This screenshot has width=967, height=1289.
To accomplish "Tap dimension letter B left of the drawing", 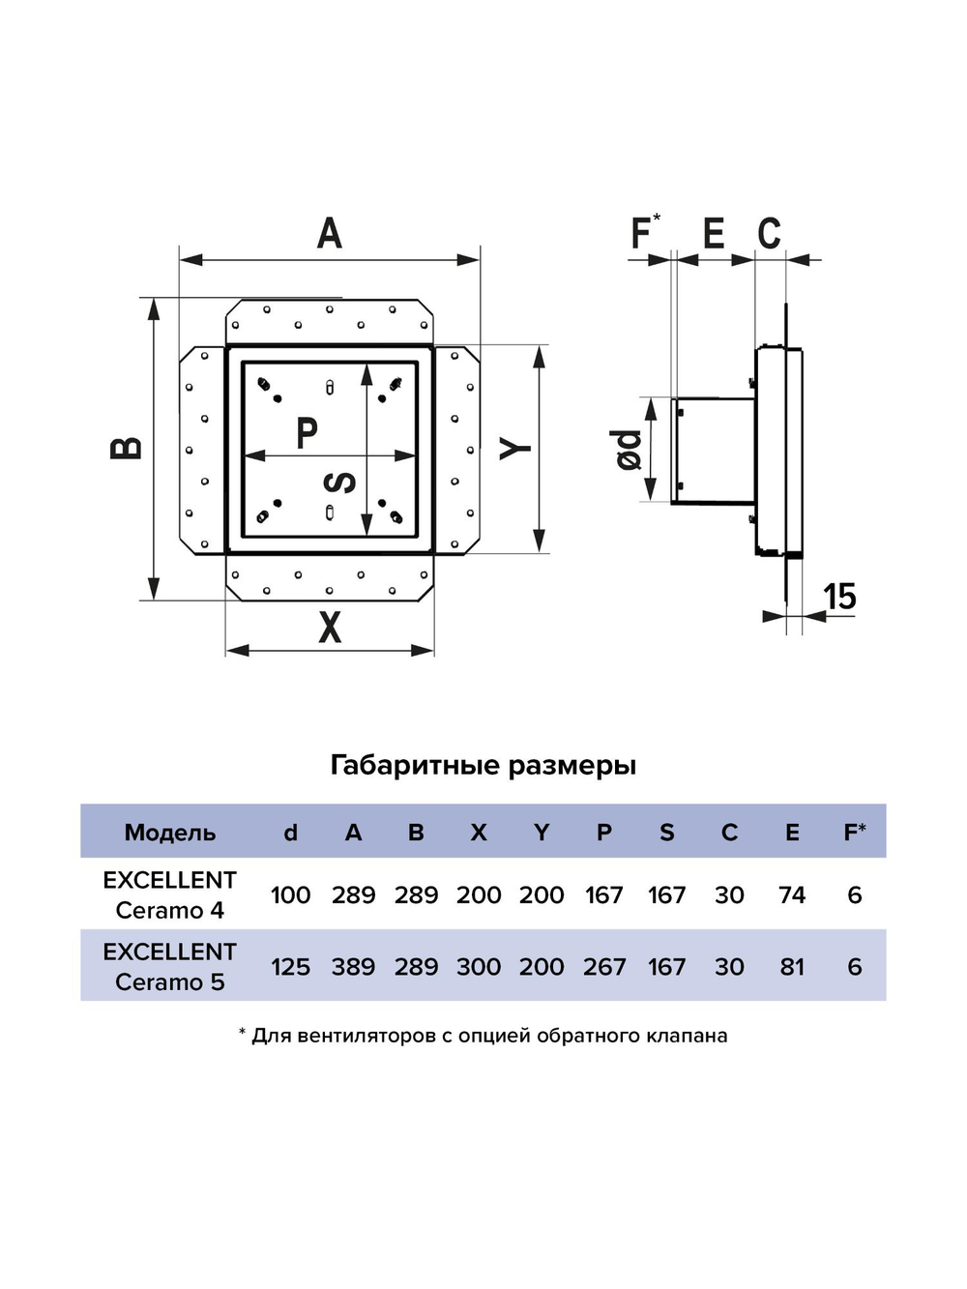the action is click(127, 448).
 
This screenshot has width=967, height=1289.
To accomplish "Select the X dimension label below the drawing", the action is click(330, 627).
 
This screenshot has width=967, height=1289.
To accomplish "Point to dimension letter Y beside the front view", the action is click(514, 449).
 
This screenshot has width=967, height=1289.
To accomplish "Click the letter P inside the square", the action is click(306, 432).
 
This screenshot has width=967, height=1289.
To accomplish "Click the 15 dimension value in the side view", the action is click(840, 597).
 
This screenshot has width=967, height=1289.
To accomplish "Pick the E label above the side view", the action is click(714, 232).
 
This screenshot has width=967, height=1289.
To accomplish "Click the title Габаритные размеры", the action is click(483, 766).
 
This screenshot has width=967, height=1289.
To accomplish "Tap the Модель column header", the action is click(170, 833).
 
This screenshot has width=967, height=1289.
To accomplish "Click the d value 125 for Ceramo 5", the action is click(291, 967).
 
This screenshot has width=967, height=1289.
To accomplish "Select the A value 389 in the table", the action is click(354, 967).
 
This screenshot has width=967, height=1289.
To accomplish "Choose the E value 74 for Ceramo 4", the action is click(792, 895).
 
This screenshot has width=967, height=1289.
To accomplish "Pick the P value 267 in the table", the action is click(604, 967).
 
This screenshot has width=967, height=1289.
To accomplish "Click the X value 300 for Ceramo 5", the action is click(479, 967).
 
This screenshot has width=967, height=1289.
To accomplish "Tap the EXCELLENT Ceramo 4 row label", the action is click(169, 895).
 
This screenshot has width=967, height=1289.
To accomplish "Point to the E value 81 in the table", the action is click(792, 967).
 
